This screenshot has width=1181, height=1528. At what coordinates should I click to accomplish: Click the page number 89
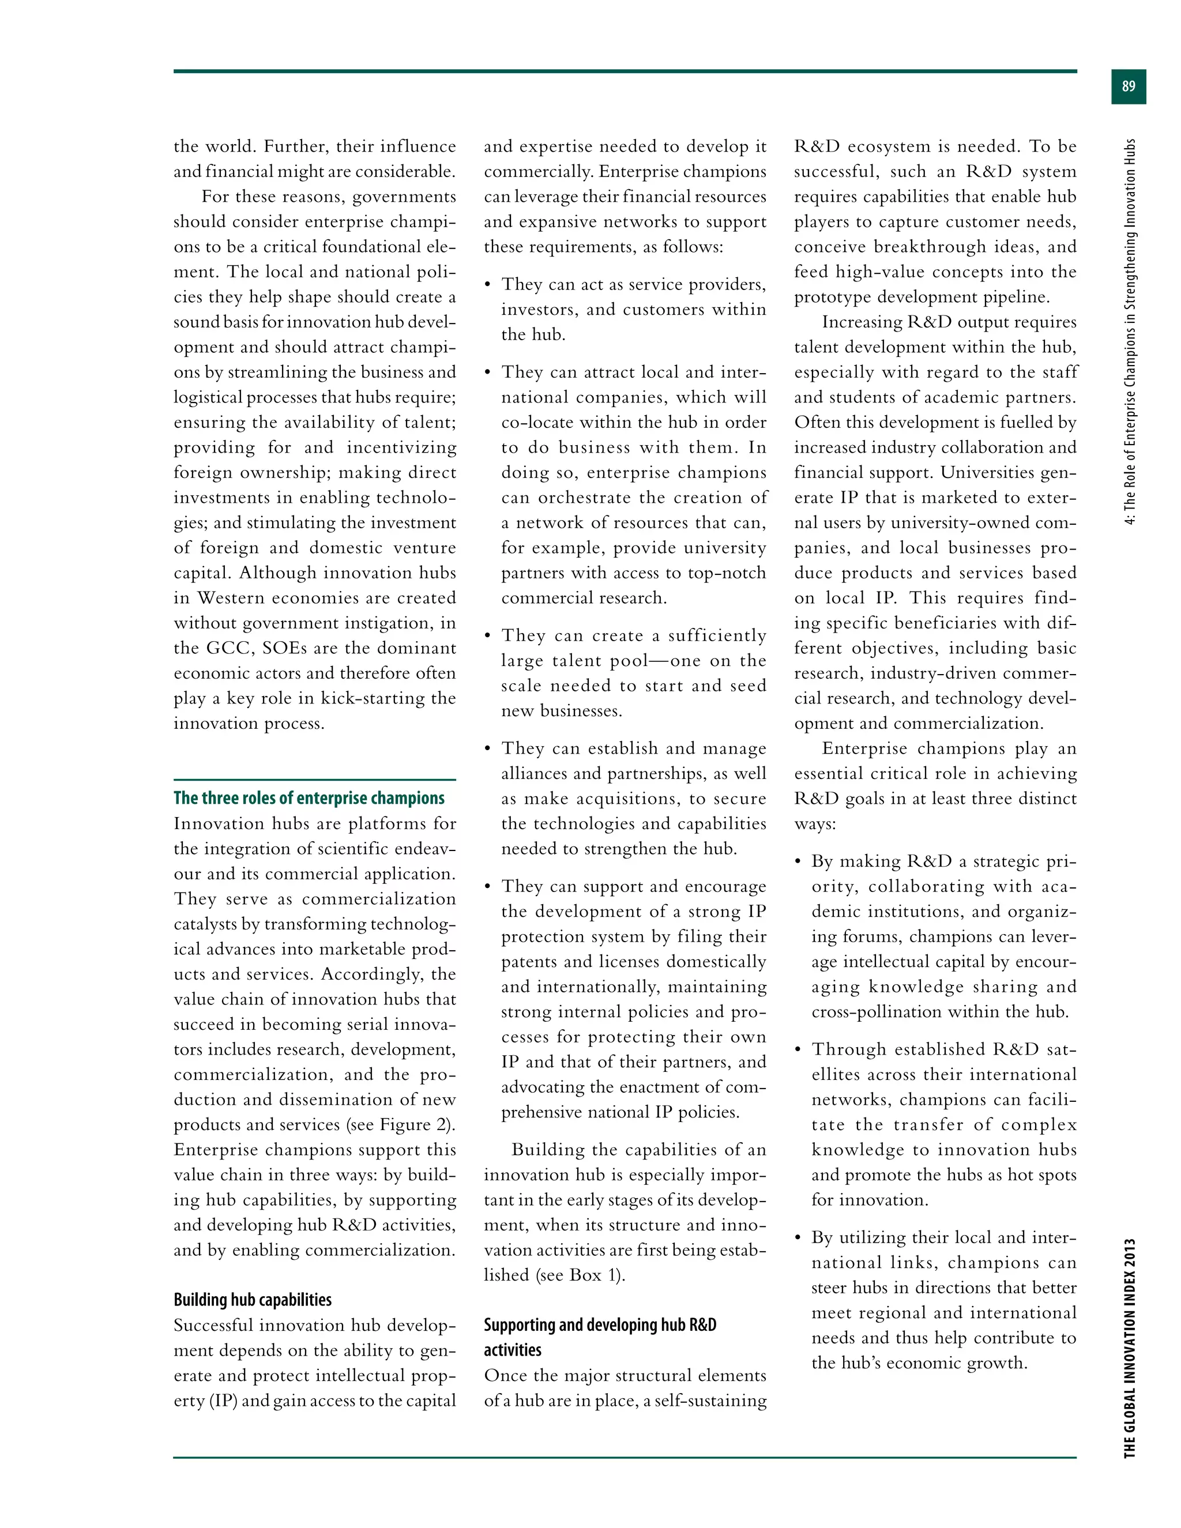tap(1128, 86)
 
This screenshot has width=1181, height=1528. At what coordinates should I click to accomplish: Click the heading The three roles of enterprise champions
tap(309, 798)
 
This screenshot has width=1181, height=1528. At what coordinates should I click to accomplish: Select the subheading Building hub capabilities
tap(253, 1300)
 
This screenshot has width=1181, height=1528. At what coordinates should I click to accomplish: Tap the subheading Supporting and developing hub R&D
tap(600, 1325)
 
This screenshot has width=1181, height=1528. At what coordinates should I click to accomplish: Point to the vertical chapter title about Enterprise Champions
tap(1129, 332)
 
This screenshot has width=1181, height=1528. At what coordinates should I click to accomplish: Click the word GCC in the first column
tap(230, 648)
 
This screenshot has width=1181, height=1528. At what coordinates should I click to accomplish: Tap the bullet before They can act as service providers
tap(488, 285)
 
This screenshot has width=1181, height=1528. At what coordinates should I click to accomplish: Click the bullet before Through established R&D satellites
tap(798, 1049)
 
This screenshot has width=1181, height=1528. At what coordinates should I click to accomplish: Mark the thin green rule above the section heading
tap(314, 780)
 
